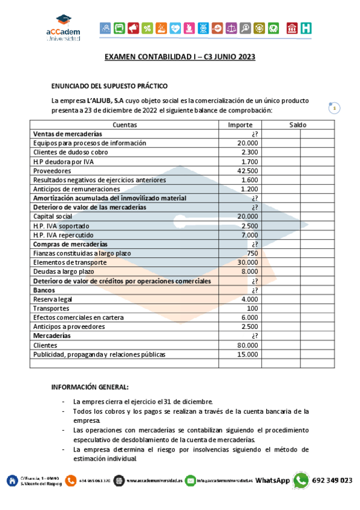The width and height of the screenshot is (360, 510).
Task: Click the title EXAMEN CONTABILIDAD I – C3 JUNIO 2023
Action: click(180, 57)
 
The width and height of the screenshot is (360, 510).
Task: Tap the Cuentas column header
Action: click(125, 125)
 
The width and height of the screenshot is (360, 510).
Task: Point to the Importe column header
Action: click(240, 125)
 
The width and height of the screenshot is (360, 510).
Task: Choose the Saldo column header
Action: click(297, 125)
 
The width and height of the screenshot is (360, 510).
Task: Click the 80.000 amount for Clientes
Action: click(248, 345)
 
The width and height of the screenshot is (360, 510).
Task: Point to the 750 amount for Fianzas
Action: click(252, 253)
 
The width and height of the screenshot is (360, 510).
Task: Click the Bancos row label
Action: click(44, 290)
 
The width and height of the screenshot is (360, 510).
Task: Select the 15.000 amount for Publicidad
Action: click(248, 354)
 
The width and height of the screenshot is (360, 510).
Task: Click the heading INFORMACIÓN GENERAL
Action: click(90, 387)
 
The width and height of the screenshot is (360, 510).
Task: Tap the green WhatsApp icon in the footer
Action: click(301, 480)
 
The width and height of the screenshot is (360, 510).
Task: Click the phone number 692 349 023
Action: click(332, 481)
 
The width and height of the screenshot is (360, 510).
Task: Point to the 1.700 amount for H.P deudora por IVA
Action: click(249, 162)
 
